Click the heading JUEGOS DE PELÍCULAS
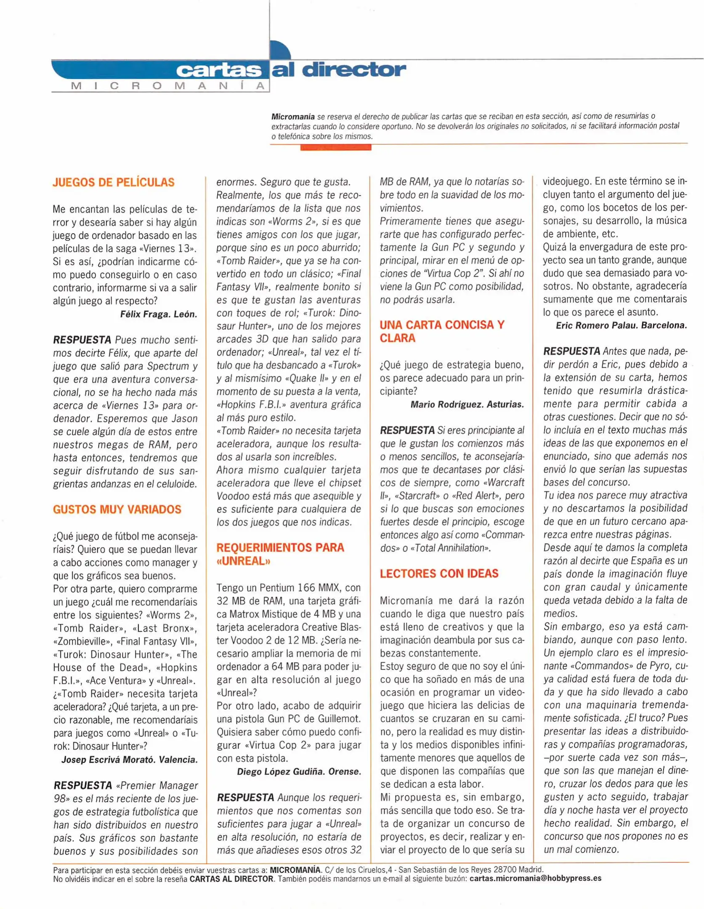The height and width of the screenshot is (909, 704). pos(114,183)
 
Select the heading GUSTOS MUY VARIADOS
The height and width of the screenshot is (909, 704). pos(117,510)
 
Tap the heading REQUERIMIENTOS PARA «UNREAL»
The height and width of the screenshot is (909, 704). pos(280,554)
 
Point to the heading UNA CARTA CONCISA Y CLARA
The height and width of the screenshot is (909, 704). pos(441,331)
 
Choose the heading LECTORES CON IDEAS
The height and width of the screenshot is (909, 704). pos(439,574)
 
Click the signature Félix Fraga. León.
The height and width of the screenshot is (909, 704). pos(159,314)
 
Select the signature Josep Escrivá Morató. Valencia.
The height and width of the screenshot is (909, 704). pos(130,760)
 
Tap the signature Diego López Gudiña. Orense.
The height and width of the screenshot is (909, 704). pos(299,772)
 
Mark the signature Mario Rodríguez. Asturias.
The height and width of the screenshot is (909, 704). pos(467,404)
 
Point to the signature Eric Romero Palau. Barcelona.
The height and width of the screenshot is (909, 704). pos(621,325)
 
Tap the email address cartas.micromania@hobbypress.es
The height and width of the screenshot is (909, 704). pos(535,878)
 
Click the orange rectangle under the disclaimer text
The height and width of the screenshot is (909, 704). pos(335,147)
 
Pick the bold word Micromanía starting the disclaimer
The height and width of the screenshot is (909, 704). pos(293,116)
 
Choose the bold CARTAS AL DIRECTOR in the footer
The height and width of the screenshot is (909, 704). pos(231,878)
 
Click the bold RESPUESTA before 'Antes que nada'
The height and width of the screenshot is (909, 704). pos(571,351)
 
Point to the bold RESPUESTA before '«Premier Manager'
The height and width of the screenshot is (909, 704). pos(83,785)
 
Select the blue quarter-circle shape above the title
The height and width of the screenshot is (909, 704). pos(280,50)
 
